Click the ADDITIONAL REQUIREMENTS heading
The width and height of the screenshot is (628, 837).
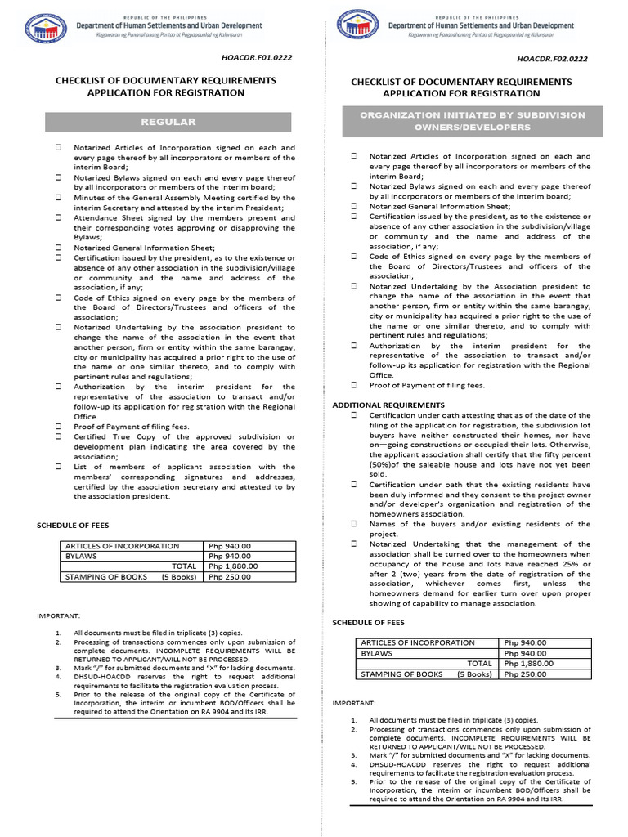(388, 405)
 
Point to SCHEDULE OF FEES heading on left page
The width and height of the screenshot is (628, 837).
(73, 525)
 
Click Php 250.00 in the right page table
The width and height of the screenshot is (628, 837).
(525, 674)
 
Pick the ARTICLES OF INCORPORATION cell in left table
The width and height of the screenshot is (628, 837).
(122, 545)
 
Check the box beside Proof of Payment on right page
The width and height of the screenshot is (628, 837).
(353, 385)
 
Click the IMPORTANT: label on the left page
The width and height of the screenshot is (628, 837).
(59, 615)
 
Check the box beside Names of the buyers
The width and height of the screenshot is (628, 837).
(353, 524)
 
